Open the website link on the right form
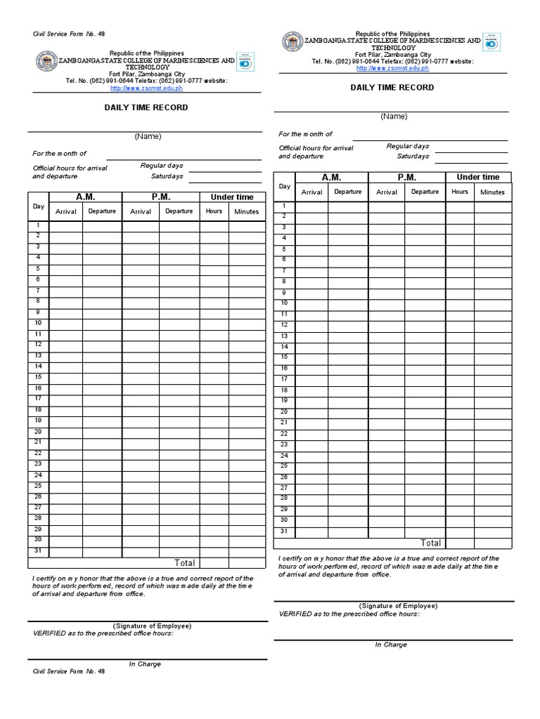coord(392,68)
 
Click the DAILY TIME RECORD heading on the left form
coord(146,107)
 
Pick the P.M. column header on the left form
coord(160,197)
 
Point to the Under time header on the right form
coord(478,178)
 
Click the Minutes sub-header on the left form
coord(247,211)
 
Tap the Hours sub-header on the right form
coord(460,192)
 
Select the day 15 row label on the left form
coord(38,377)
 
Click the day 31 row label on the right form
coord(284,531)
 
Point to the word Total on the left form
coord(185,563)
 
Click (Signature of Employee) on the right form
coord(398,605)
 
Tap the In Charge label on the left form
coord(145,664)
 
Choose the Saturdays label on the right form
coord(413,157)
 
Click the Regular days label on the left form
coord(162,166)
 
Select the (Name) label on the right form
coord(394,117)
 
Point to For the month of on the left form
coord(59,153)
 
